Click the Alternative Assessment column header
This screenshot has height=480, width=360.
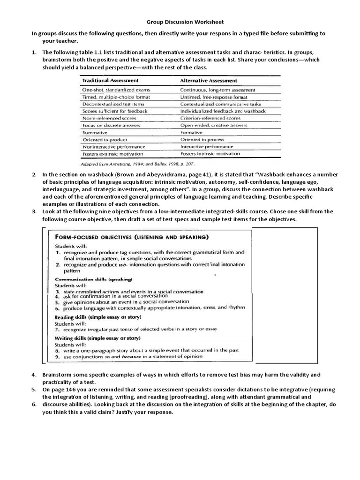pos(209,81)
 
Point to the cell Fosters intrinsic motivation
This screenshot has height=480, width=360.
pos(210,153)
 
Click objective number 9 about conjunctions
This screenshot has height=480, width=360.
pos(129,356)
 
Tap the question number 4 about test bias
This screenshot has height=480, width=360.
pos(34,375)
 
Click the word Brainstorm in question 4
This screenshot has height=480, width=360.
pos(58,375)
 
